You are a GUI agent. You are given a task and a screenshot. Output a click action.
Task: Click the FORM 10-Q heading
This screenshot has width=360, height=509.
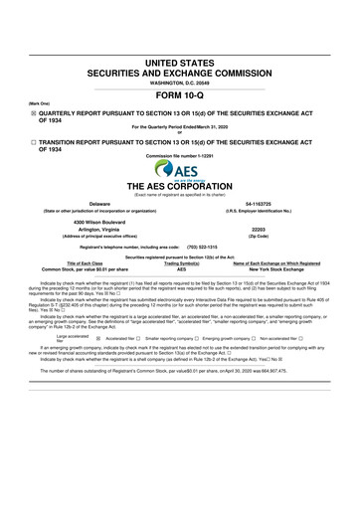180,96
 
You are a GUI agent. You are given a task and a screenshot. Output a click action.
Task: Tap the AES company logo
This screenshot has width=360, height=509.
179,170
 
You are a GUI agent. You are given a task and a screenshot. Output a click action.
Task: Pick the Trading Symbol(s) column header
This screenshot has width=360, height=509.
181,261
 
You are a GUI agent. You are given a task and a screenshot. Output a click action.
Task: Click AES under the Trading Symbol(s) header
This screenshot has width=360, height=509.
181,268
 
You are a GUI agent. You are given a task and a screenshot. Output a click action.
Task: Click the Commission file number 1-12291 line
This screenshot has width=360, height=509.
180,157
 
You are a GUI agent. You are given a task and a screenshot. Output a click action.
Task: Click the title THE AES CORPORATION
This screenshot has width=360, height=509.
180,187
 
